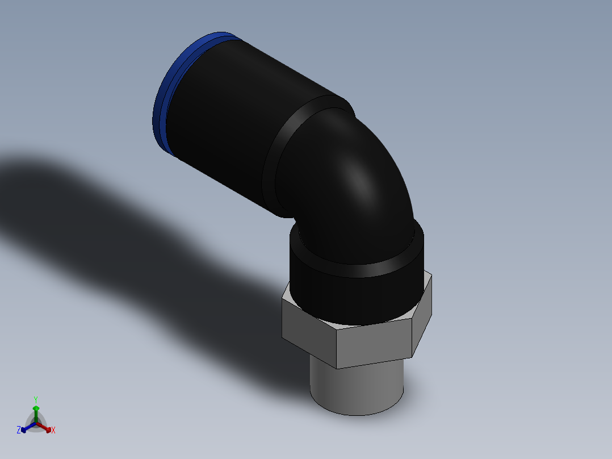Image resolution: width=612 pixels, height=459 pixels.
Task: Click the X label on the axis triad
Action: point(53,430)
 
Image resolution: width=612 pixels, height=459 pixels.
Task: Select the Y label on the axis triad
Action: point(35,399)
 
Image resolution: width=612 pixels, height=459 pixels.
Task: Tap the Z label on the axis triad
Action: point(19,430)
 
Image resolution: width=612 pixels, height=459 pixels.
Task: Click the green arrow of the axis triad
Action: point(35,410)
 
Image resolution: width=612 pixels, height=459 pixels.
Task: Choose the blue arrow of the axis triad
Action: point(25,429)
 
